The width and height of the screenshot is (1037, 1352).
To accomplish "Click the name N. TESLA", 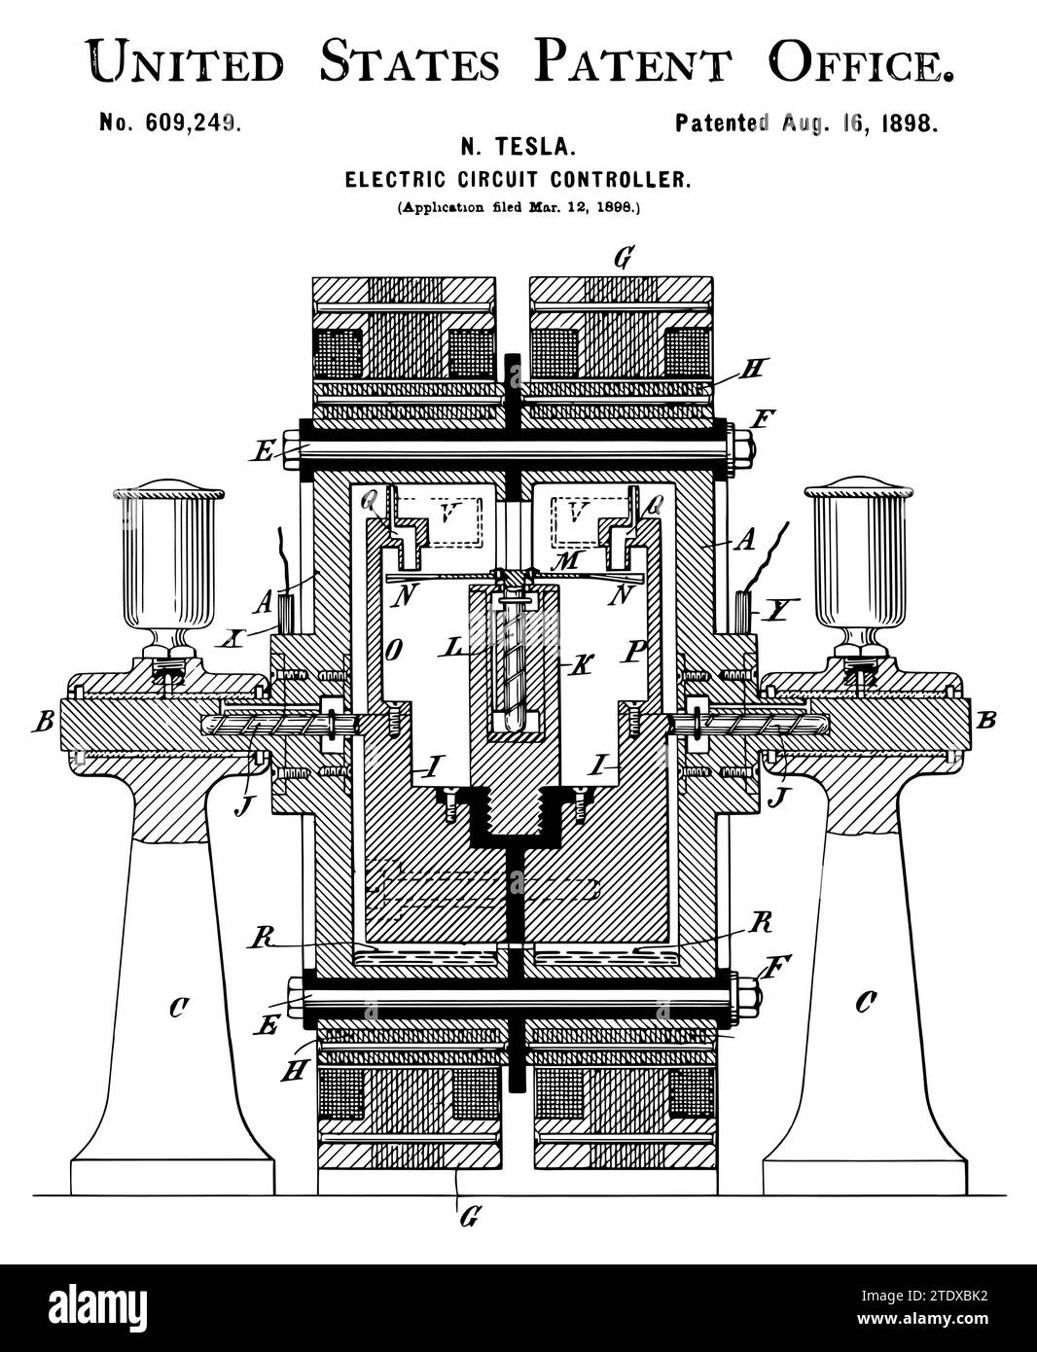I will [518, 148].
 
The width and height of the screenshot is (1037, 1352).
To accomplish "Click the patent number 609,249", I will [169, 123].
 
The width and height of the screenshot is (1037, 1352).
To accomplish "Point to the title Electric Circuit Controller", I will [518, 179].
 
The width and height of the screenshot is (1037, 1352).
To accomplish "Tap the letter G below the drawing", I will [468, 1217].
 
